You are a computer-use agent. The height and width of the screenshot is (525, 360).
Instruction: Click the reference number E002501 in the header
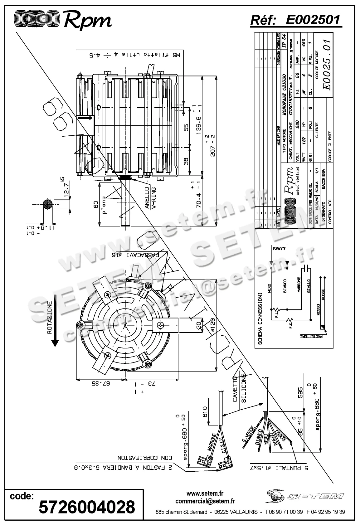coord(313,20)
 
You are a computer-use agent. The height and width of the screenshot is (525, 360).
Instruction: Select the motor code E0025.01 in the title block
coord(327,64)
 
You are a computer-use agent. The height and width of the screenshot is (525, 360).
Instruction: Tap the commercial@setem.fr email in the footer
coord(205,501)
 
